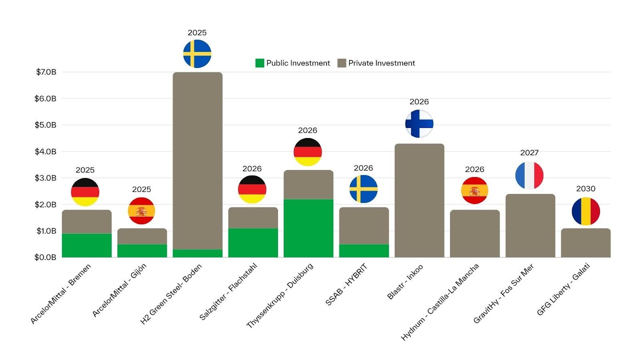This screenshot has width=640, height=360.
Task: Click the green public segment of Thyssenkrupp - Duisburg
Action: [x=308, y=228]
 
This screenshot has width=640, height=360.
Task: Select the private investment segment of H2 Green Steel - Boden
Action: [x=198, y=160]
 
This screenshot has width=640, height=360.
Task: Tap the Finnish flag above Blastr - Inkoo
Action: [x=419, y=124]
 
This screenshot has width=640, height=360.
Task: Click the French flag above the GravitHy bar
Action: [x=529, y=176]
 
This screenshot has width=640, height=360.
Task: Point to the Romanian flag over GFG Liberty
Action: [x=586, y=211]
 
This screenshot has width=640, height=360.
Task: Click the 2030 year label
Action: [x=586, y=189]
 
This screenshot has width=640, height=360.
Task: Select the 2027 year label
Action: [x=529, y=153]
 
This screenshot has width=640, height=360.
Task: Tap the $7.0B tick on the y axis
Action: [x=46, y=72]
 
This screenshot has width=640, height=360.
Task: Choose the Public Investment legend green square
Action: [x=260, y=63]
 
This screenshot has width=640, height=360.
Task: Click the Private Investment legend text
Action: [x=381, y=63]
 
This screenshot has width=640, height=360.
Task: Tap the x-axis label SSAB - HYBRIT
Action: [x=346, y=285]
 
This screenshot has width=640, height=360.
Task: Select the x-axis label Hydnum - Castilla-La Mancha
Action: [x=440, y=302]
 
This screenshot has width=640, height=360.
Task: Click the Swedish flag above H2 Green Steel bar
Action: [x=197, y=54]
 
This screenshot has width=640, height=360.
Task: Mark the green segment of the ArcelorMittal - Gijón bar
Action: [x=142, y=251]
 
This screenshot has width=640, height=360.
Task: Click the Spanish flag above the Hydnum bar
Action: [x=474, y=190]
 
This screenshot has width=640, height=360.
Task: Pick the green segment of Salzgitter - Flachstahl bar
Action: [x=253, y=243]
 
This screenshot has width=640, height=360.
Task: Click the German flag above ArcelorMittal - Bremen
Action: [x=85, y=192]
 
